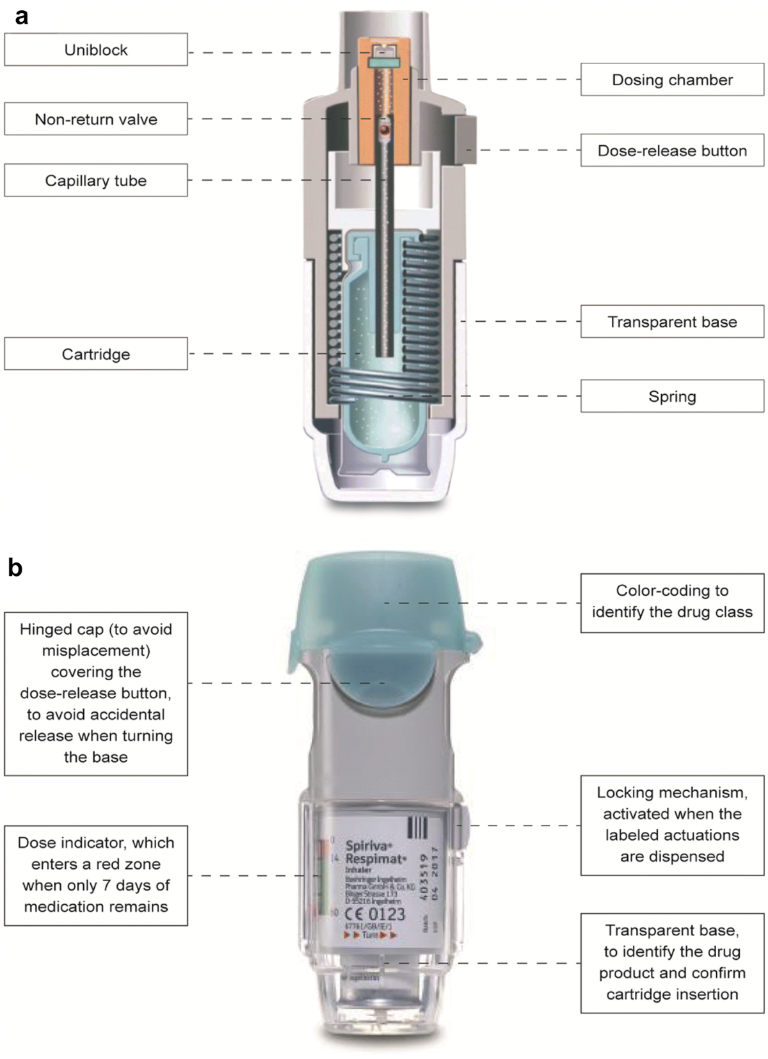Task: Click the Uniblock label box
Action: (96, 50)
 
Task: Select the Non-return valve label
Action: (96, 119)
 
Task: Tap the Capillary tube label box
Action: (96, 180)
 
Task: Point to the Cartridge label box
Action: (96, 354)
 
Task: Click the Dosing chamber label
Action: (672, 80)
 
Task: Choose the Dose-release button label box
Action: (672, 151)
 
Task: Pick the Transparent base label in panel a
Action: (672, 322)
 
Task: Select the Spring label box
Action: (672, 397)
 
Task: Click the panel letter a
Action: (22, 17)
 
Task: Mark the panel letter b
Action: (15, 568)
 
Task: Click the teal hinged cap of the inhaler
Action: (384, 601)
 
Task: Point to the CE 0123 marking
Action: (375, 914)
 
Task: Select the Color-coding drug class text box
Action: (672, 601)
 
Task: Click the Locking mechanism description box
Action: (672, 825)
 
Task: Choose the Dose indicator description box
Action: (96, 875)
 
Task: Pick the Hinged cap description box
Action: (96, 693)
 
